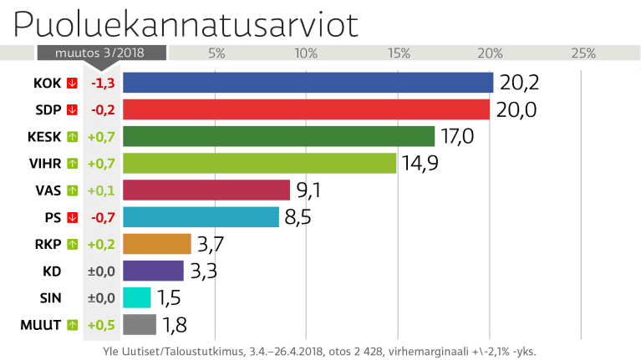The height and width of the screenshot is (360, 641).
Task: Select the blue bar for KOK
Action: click(308, 83)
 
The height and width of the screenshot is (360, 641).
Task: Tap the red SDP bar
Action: click(306, 109)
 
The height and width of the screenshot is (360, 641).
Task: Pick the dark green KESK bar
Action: click(279, 136)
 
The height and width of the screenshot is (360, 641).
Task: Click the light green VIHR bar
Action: click(259, 163)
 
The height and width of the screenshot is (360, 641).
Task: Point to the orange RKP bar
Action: click(157, 244)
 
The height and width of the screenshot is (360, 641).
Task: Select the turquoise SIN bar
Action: click(137, 297)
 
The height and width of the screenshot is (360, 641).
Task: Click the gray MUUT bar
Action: click(140, 324)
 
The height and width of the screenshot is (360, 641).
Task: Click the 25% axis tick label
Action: click(582, 53)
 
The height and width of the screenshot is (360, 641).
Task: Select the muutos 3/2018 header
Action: click(101, 53)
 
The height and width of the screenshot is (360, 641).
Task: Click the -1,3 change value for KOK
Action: click(103, 83)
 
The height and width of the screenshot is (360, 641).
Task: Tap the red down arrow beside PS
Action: click(72, 217)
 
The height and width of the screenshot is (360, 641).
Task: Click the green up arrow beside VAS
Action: click(72, 190)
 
